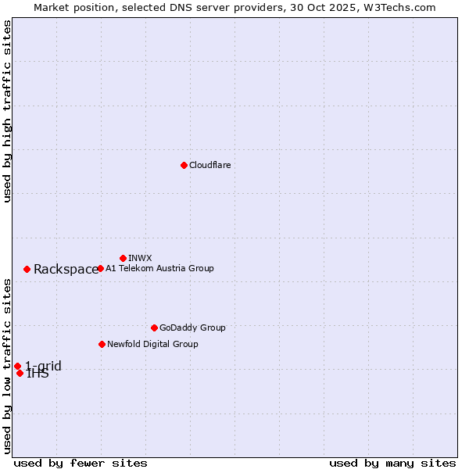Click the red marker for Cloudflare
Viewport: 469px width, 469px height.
tap(184, 165)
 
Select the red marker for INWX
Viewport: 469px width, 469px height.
tap(123, 258)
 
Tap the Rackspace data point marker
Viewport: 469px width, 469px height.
tap(27, 269)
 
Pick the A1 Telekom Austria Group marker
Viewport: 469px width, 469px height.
tap(100, 268)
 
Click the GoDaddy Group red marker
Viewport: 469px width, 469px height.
tap(154, 328)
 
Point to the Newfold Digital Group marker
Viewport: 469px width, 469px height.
tap(102, 344)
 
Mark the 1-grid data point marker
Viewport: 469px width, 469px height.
tap(17, 366)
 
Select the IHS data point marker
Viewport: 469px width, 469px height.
tap(20, 373)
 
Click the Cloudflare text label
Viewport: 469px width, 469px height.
tap(209, 165)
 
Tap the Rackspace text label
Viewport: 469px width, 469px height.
tap(66, 270)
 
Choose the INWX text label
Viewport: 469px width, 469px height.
tap(140, 258)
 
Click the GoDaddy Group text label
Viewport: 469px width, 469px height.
tap(192, 328)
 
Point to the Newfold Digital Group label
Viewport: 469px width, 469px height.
tap(152, 344)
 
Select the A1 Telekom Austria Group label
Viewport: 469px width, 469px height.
tap(159, 268)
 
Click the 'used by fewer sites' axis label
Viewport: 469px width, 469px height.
tap(81, 463)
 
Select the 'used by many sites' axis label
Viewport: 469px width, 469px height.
tap(392, 463)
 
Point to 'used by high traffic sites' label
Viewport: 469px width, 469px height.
tap(8, 111)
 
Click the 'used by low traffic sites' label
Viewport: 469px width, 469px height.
tap(8, 366)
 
